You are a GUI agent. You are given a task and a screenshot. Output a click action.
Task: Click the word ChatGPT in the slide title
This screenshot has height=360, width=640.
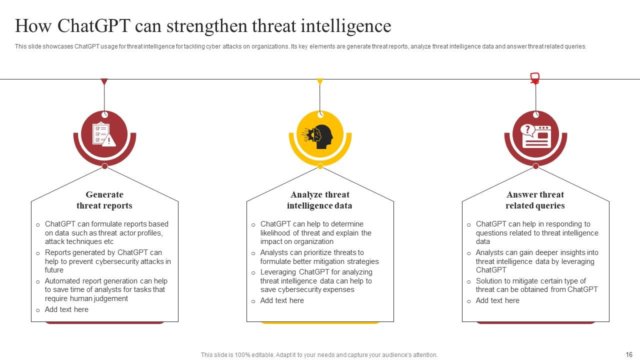click(94, 25)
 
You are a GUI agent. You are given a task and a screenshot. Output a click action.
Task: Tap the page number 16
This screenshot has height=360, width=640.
click(629, 354)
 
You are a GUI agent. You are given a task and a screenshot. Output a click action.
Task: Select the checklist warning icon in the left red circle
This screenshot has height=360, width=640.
click(104, 134)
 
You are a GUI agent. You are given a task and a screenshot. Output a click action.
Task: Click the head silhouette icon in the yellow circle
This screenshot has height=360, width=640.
click(320, 136)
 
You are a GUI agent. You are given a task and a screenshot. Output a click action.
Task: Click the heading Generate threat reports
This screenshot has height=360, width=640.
click(104, 200)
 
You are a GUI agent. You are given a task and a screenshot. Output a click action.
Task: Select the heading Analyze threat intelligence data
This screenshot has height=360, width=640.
click(319, 200)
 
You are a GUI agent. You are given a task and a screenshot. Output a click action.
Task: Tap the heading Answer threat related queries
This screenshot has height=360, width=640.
click(535, 200)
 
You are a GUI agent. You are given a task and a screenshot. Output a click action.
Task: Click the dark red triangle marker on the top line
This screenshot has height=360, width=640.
click(104, 82)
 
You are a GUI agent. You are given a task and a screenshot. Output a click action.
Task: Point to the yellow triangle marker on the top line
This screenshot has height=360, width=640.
click(320, 82)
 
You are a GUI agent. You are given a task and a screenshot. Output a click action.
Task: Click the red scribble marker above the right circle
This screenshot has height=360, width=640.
click(535, 78)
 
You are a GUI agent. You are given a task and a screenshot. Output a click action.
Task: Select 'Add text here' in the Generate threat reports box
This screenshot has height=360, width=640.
click(66, 309)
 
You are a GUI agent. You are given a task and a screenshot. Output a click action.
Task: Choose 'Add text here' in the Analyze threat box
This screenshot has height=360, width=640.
click(282, 300)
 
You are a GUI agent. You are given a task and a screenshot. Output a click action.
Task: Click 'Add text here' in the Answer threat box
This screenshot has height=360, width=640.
click(497, 300)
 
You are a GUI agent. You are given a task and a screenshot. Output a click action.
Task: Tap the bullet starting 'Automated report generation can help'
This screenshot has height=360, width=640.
click(105, 289)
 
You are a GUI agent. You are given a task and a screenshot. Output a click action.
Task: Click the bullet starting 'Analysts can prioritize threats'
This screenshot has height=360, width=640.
click(319, 257)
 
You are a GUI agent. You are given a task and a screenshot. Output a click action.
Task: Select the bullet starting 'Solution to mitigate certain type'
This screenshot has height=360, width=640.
click(536, 285)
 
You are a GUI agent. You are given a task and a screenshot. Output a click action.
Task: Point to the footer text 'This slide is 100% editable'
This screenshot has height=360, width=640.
click(319, 355)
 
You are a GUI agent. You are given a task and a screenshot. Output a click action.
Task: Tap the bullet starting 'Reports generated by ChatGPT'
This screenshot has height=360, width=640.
click(107, 261)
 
